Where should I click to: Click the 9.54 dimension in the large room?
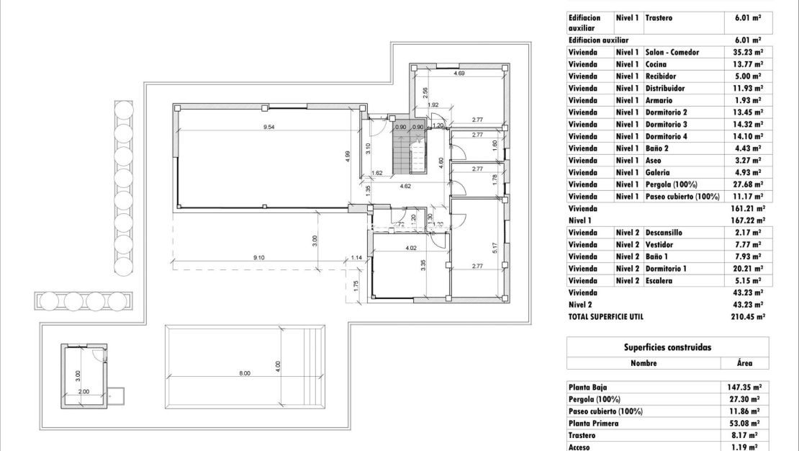click(x=269, y=127)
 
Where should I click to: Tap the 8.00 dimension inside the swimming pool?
click(x=245, y=373)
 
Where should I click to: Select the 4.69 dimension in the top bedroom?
click(x=459, y=73)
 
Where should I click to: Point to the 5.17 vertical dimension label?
click(x=495, y=247)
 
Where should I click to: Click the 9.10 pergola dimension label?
click(x=259, y=257)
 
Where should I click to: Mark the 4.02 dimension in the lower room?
click(x=411, y=249)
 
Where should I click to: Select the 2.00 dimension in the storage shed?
click(x=83, y=391)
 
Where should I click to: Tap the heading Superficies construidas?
click(x=667, y=347)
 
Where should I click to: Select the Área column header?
click(x=745, y=363)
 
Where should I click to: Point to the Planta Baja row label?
click(x=588, y=387)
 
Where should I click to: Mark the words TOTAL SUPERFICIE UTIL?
click(x=605, y=316)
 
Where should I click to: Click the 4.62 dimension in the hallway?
click(x=405, y=187)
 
